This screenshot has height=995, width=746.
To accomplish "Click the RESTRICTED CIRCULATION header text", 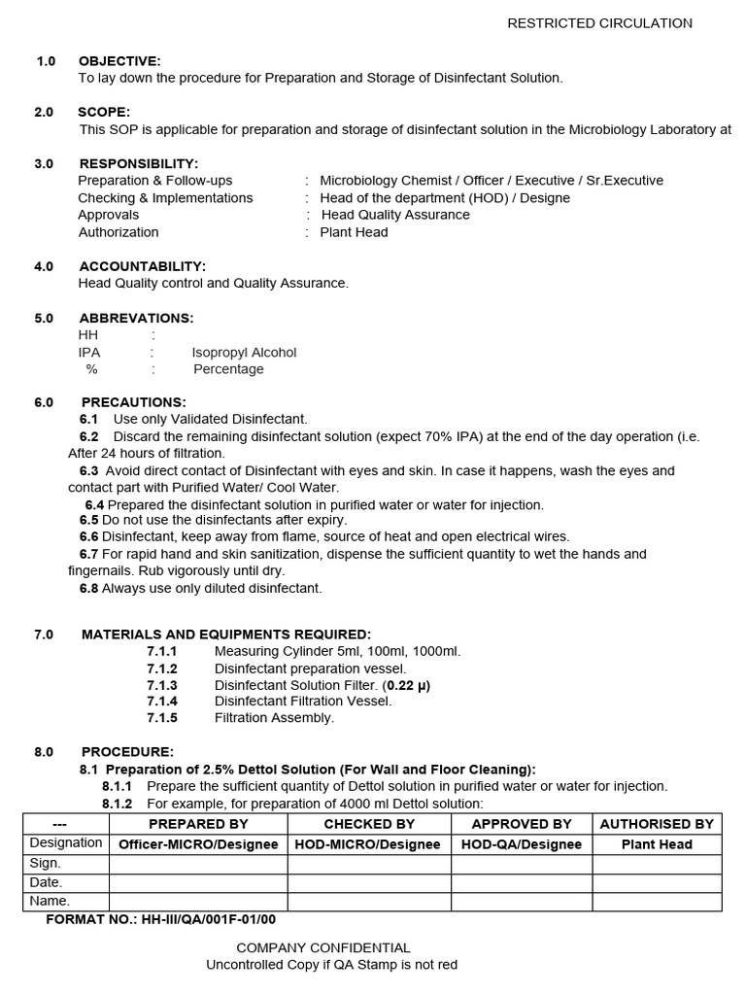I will pyautogui.click(x=599, y=23).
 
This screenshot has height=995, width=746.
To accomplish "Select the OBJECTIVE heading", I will pyautogui.click(x=119, y=61).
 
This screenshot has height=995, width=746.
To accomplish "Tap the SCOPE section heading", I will pyautogui.click(x=104, y=113).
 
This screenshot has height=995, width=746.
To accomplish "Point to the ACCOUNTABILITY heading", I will pyautogui.click(x=142, y=266).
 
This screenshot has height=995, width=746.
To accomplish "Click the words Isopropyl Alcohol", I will pyautogui.click(x=244, y=353).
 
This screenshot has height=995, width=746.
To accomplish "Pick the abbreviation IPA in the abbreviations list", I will pyautogui.click(x=89, y=353).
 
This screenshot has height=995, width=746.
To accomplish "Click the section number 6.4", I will pyautogui.click(x=94, y=505).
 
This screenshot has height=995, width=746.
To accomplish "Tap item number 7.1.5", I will pyautogui.click(x=162, y=718).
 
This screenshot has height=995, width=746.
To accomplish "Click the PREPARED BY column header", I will pyautogui.click(x=198, y=824).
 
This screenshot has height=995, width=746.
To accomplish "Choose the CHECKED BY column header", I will pyautogui.click(x=369, y=824).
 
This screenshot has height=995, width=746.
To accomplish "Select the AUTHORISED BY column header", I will pyautogui.click(x=657, y=824).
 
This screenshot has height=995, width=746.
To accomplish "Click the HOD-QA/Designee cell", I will pyautogui.click(x=522, y=844).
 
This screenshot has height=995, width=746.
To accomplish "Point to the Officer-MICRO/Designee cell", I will pyautogui.click(x=198, y=844).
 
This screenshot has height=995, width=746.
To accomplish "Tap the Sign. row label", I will pyautogui.click(x=46, y=863).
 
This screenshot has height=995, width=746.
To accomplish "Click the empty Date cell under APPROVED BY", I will pyautogui.click(x=522, y=882).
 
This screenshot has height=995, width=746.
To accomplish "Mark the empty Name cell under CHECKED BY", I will pyautogui.click(x=369, y=901).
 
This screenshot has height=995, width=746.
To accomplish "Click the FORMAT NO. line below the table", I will pyautogui.click(x=161, y=919).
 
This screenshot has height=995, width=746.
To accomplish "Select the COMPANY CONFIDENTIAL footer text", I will pyautogui.click(x=323, y=947).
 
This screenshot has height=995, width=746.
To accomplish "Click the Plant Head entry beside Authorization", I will pyautogui.click(x=354, y=232).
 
